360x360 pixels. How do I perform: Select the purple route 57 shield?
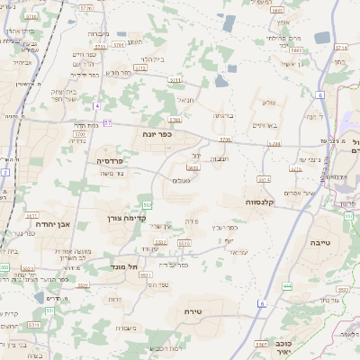[107, 122]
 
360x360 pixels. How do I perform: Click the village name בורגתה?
[224, 116]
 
